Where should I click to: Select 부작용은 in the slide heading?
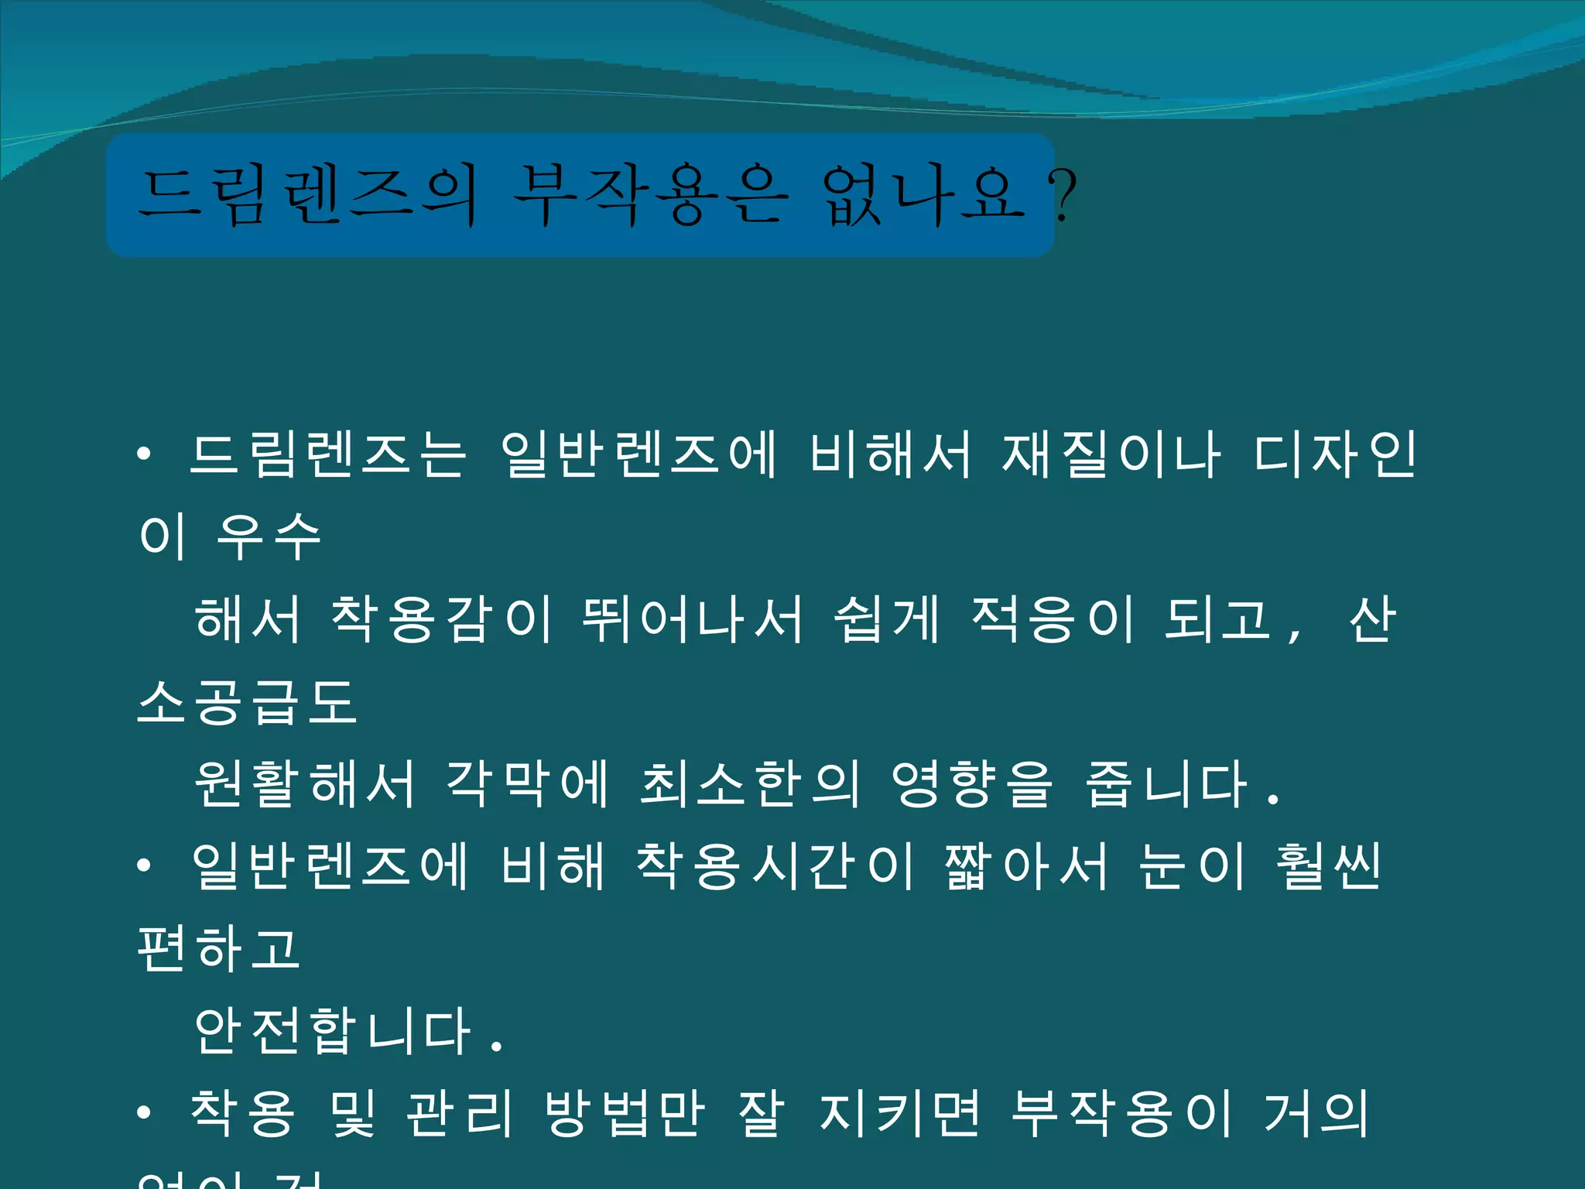coord(650,195)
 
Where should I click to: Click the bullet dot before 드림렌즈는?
coord(144,454)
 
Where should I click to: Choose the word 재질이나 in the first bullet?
coord(1111,454)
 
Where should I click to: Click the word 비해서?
coord(890,454)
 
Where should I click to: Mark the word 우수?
coord(269,536)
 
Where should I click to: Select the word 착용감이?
coord(442,619)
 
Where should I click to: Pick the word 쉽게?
coord(887,619)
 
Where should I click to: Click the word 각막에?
coord(528,783)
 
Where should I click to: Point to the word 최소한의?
coord(749,783)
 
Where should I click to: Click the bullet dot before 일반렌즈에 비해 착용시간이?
coord(144,866)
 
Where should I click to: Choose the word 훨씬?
coord(1328,866)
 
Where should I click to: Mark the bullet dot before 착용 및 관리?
coord(144,1113)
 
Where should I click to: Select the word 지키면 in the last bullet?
coord(899,1113)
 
